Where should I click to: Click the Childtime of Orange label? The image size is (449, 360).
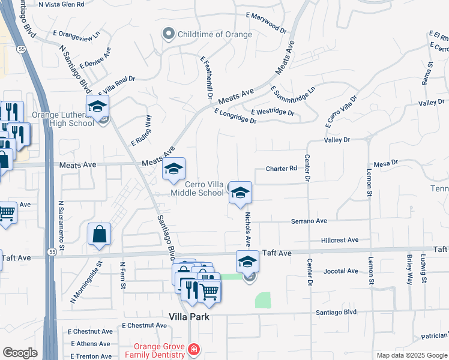pos(214,34)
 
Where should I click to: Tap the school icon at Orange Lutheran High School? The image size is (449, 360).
pos(97,107)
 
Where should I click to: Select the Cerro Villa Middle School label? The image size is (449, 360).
pos(197,188)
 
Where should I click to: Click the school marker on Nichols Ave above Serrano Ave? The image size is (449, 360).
pos(240,193)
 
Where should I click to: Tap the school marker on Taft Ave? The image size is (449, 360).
pos(247,262)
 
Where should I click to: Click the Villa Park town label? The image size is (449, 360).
pos(189,317)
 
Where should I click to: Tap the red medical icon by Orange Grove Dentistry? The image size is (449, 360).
pos(193,349)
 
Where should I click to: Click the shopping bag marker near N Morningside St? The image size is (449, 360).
pos(100,235)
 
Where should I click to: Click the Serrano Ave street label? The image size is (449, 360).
pos(309,221)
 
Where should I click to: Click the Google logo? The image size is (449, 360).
pos(20,353)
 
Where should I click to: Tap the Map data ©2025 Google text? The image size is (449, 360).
pos(411,355)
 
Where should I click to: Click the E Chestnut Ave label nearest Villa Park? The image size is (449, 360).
pos(144,325)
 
